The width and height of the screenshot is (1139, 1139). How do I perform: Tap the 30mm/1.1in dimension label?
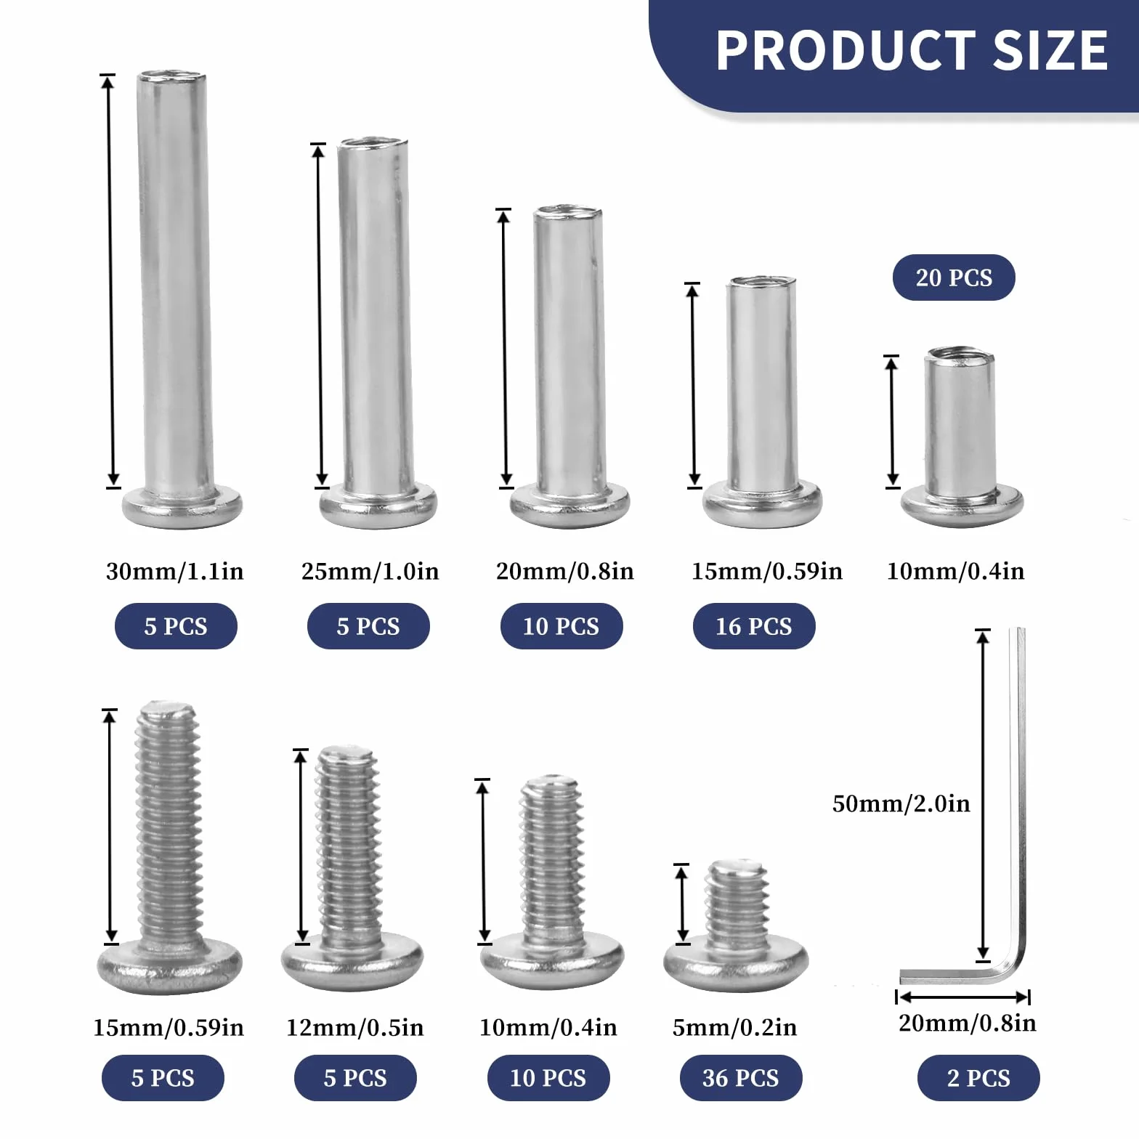click(x=175, y=571)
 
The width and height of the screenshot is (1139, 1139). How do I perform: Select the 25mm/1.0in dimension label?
click(x=370, y=571)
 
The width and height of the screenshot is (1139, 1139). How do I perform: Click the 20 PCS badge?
click(x=954, y=277)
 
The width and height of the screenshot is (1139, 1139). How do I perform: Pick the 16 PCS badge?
click(x=754, y=626)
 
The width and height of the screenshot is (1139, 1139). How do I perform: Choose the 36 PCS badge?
click(x=741, y=1078)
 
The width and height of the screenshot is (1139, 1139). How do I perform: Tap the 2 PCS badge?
click(x=978, y=1078)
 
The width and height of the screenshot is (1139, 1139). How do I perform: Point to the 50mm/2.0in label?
click(x=901, y=803)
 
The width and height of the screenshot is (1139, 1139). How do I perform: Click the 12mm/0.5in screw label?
click(x=354, y=1027)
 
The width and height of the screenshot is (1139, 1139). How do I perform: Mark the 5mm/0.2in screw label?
click(x=734, y=1027)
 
